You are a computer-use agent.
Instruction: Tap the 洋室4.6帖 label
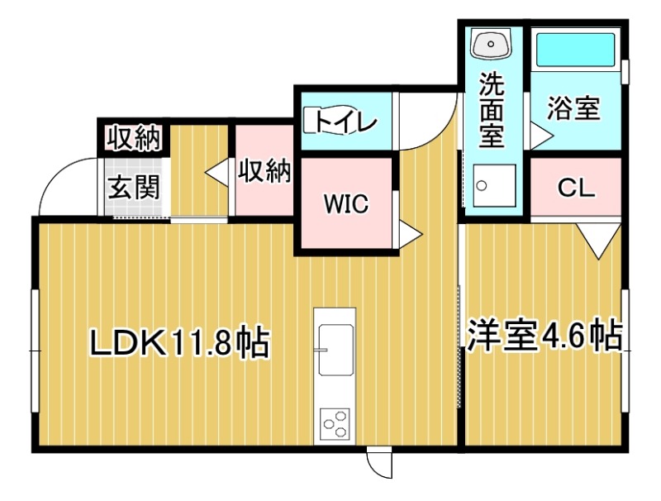544,336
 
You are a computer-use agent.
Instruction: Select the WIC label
346,203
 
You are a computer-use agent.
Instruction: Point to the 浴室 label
573,108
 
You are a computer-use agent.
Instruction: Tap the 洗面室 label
492,110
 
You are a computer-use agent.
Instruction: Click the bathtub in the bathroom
575,50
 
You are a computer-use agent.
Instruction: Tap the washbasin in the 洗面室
491,43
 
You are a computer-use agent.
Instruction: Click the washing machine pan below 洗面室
494,185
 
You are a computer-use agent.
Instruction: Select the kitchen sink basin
335,350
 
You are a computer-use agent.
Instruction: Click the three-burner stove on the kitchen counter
335,424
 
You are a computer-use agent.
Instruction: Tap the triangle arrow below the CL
598,241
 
